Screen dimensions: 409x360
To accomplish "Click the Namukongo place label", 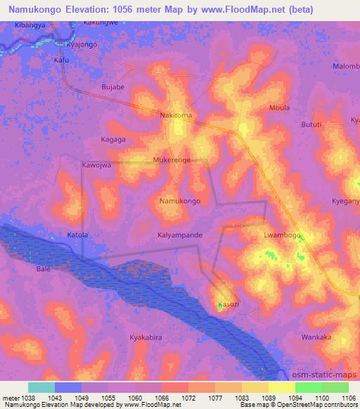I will pyautogui.click(x=180, y=201).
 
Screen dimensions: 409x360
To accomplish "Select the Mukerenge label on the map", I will pyautogui.click(x=172, y=160).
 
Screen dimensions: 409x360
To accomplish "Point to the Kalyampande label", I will pyautogui.click(x=180, y=235).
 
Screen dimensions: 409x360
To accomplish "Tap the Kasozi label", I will pyautogui.click(x=229, y=304).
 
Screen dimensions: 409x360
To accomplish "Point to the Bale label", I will pyautogui.click(x=44, y=269).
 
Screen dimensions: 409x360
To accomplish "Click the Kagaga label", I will pyautogui.click(x=112, y=139).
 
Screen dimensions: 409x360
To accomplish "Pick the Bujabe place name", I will pyautogui.click(x=113, y=87).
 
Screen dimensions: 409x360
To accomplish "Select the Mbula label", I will pyautogui.click(x=279, y=108).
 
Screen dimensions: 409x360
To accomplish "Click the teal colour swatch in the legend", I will pyautogui.click(x=41, y=387).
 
